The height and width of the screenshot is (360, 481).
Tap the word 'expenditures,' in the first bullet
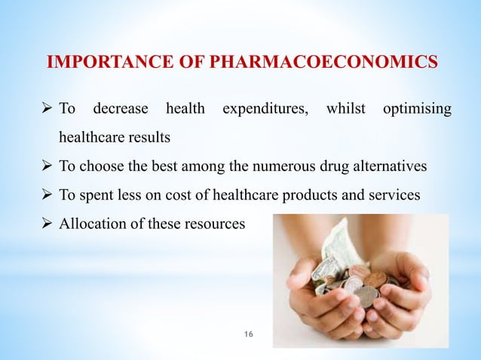click(x=264, y=110)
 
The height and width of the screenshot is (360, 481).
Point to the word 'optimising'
click(x=418, y=110)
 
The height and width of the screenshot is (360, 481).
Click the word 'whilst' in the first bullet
click(x=345, y=110)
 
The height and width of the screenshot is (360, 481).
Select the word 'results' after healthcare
click(x=150, y=139)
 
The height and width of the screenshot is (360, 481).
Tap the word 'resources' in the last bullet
click(x=215, y=223)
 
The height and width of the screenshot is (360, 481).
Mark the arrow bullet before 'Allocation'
click(x=51, y=223)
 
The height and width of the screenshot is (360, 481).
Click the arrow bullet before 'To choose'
click(x=51, y=166)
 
